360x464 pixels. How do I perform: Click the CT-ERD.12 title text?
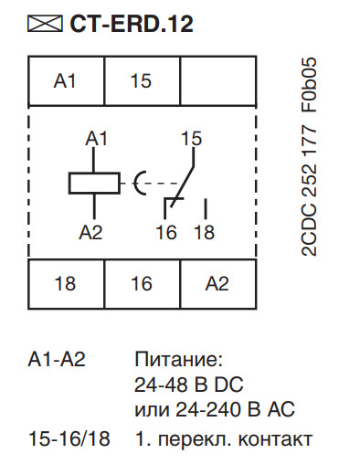[131, 23]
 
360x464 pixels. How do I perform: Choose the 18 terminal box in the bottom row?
[66, 284]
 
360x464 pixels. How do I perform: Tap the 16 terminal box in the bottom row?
[141, 284]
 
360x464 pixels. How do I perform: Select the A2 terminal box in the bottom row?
[216, 284]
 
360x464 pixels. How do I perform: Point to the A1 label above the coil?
[97, 139]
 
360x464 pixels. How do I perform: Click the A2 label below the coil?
[91, 232]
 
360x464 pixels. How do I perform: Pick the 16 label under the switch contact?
[165, 232]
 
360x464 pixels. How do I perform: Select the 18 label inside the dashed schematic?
[204, 232]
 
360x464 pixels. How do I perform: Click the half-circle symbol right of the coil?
[140, 182]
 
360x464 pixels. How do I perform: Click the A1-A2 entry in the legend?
[57, 359]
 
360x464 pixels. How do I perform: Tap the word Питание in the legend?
[173, 359]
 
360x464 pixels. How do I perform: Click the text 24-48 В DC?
[189, 383]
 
